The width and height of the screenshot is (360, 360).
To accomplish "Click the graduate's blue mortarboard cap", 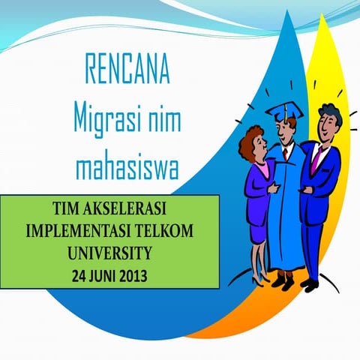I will click(284, 112).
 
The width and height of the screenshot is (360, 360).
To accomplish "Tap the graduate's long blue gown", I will click(286, 217).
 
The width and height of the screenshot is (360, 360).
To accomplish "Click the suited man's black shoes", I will click(308, 284).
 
